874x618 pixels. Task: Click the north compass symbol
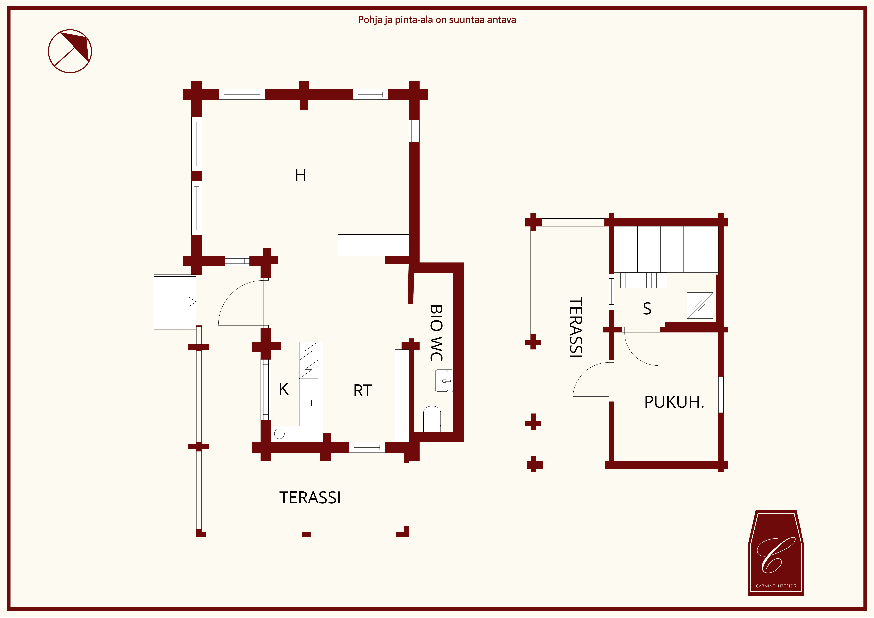[x=70, y=51]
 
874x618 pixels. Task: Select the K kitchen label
[x=284, y=389]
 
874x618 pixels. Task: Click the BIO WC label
[x=436, y=333]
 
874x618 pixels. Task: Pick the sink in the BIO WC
[x=444, y=381]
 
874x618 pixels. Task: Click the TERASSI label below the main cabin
[x=310, y=498]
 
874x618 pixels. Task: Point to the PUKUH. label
[x=674, y=402]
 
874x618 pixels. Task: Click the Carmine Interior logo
[x=776, y=552]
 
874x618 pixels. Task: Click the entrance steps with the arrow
[x=175, y=302]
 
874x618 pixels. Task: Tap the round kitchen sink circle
[x=279, y=434]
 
